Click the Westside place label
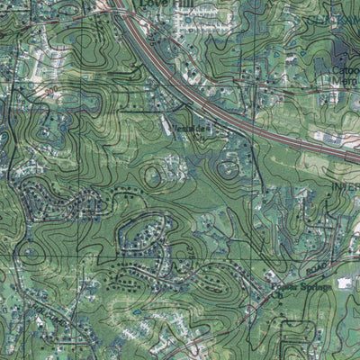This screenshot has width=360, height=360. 188,129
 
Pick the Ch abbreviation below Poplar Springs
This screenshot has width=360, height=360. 281,297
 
